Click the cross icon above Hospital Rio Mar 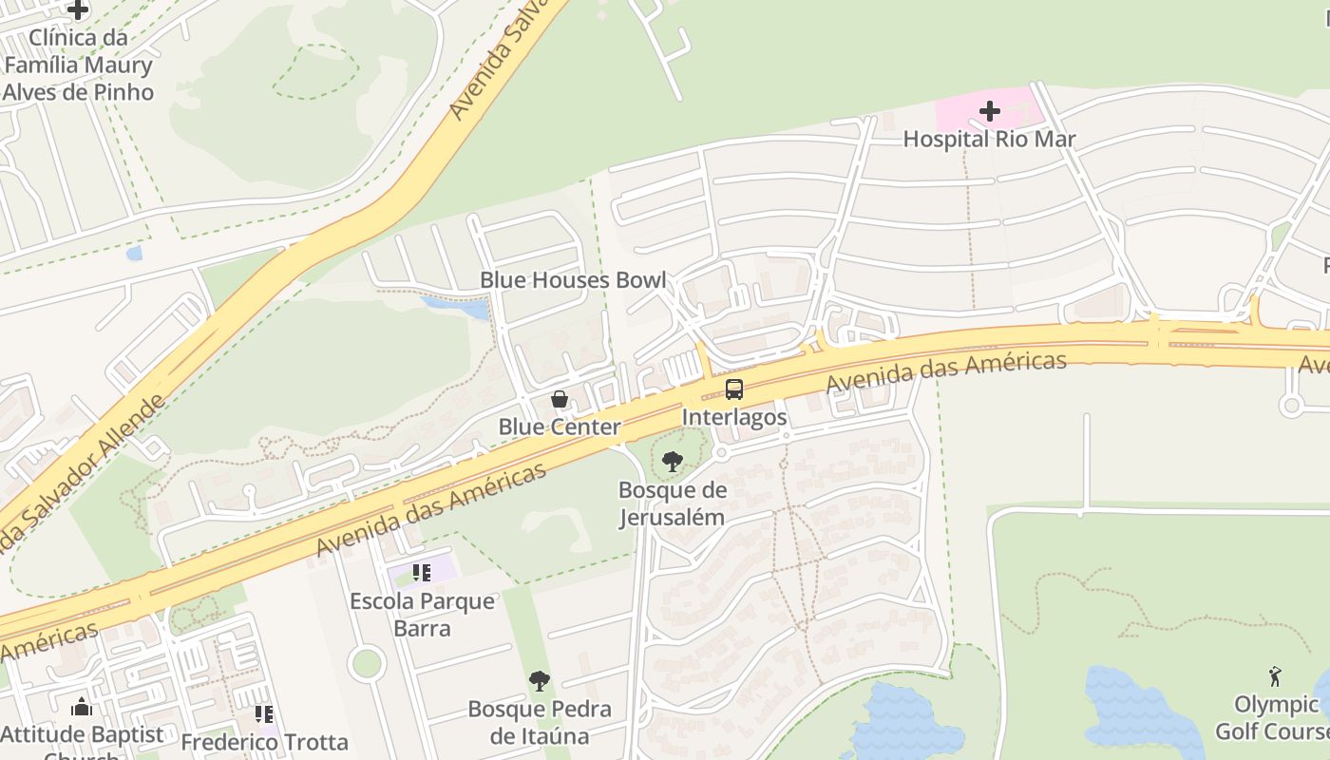[x=989, y=112]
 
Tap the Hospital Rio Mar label [x=989, y=139]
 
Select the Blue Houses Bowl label [x=572, y=280]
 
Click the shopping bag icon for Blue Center [x=560, y=400]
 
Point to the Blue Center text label [x=560, y=427]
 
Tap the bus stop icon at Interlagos [x=733, y=389]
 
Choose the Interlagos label [x=734, y=417]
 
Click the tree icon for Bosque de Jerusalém [x=672, y=463]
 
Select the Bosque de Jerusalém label [x=672, y=503]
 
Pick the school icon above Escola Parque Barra [x=422, y=573]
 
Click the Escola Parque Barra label [x=422, y=615]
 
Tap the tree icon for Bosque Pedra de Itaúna [x=539, y=681]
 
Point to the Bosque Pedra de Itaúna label [x=539, y=722]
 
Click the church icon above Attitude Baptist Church [x=82, y=708]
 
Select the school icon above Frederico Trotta [x=264, y=714]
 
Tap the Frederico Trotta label [x=264, y=742]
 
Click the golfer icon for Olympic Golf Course [x=1275, y=677]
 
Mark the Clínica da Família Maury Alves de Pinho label [x=78, y=65]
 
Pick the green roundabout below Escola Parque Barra [x=366, y=663]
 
